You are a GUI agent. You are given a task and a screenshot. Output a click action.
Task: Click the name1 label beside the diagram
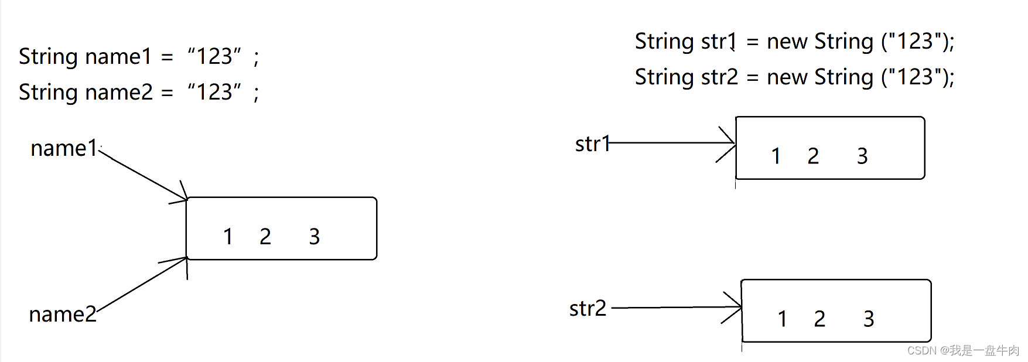(63, 148)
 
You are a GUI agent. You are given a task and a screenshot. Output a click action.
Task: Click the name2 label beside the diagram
(62, 315)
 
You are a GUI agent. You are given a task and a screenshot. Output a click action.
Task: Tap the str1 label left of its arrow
(592, 144)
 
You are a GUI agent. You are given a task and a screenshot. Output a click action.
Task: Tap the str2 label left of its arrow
(588, 308)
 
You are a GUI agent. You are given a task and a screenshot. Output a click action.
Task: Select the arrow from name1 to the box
(144, 174)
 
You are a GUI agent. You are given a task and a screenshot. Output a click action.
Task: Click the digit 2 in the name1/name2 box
(265, 237)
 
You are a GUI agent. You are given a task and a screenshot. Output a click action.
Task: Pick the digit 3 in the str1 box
(862, 156)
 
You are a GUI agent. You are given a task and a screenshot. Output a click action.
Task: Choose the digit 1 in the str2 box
(782, 319)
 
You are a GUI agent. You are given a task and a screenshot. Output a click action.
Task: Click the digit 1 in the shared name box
(228, 237)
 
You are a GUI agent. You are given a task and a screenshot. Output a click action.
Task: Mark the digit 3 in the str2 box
(869, 319)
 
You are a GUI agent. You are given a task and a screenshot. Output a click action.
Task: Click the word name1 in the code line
(118, 57)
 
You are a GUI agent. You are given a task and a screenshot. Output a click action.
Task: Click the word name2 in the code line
(119, 93)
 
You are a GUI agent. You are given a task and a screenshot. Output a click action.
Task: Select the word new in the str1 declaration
(787, 42)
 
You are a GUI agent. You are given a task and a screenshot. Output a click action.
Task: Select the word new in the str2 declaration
(787, 77)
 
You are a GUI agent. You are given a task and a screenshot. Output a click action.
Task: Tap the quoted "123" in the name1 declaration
(214, 56)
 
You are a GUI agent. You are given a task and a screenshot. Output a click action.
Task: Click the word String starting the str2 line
(664, 77)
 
